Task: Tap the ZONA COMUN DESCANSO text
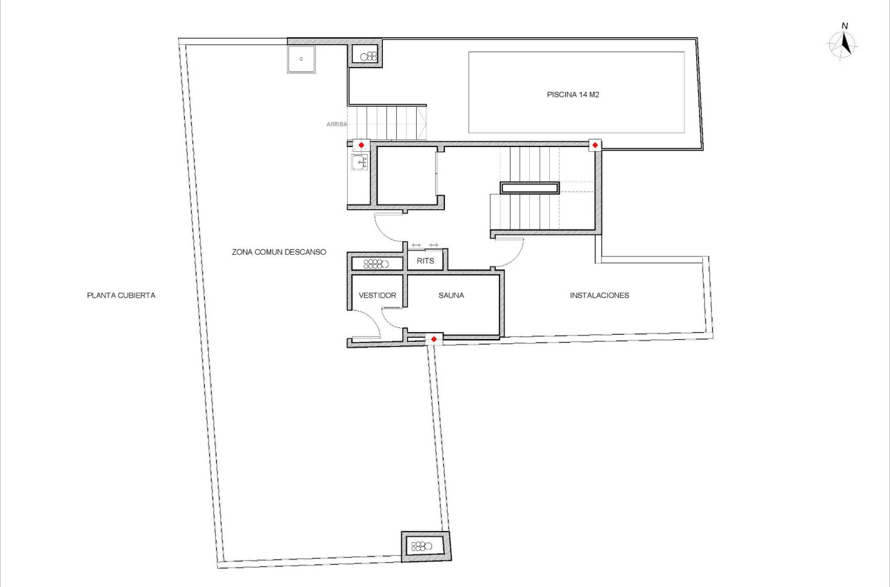tap(278, 252)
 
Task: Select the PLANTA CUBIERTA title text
tap(121, 295)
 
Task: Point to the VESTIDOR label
tap(377, 296)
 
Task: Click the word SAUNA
tap(451, 296)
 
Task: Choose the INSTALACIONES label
tap(599, 296)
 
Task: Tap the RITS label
tap(425, 262)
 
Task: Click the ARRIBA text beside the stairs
tap(337, 124)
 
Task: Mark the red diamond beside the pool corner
tap(594, 144)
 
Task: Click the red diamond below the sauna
tap(433, 338)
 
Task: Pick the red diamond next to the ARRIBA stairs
tap(361, 145)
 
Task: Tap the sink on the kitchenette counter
tap(358, 163)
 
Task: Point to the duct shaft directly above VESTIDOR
tap(377, 263)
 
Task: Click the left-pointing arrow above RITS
tap(416, 245)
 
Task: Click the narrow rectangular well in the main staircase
tap(529, 188)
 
